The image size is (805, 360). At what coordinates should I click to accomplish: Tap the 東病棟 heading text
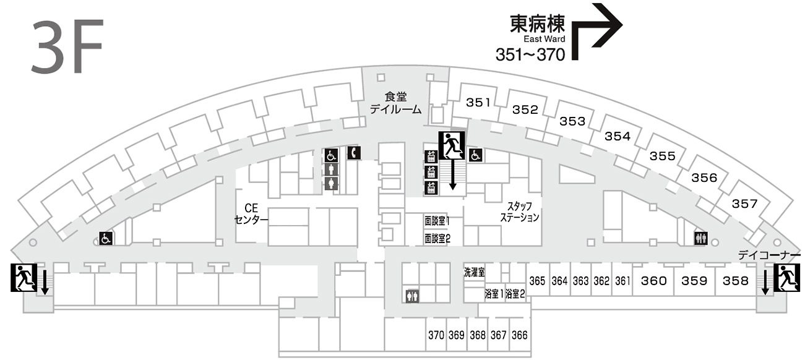[537, 24]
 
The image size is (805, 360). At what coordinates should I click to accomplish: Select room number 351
[478, 103]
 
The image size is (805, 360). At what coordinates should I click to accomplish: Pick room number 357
[744, 204]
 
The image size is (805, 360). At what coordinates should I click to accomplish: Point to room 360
[653, 281]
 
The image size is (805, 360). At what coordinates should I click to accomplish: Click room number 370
[436, 335]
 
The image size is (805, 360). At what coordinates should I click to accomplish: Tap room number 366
[520, 335]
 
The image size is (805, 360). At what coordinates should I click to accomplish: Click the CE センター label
[251, 214]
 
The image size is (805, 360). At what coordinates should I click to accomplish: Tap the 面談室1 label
[437, 220]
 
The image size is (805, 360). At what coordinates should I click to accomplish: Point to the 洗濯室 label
[474, 272]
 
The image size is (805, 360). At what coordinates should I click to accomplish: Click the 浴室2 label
[515, 294]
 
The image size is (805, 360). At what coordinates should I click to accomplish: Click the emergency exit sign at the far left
[24, 277]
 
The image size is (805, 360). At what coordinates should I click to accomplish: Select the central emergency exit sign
[451, 146]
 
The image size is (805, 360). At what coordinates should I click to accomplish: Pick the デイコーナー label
[770, 255]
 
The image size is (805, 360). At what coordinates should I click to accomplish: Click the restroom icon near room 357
[700, 238]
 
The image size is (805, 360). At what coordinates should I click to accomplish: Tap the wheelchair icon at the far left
[106, 238]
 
